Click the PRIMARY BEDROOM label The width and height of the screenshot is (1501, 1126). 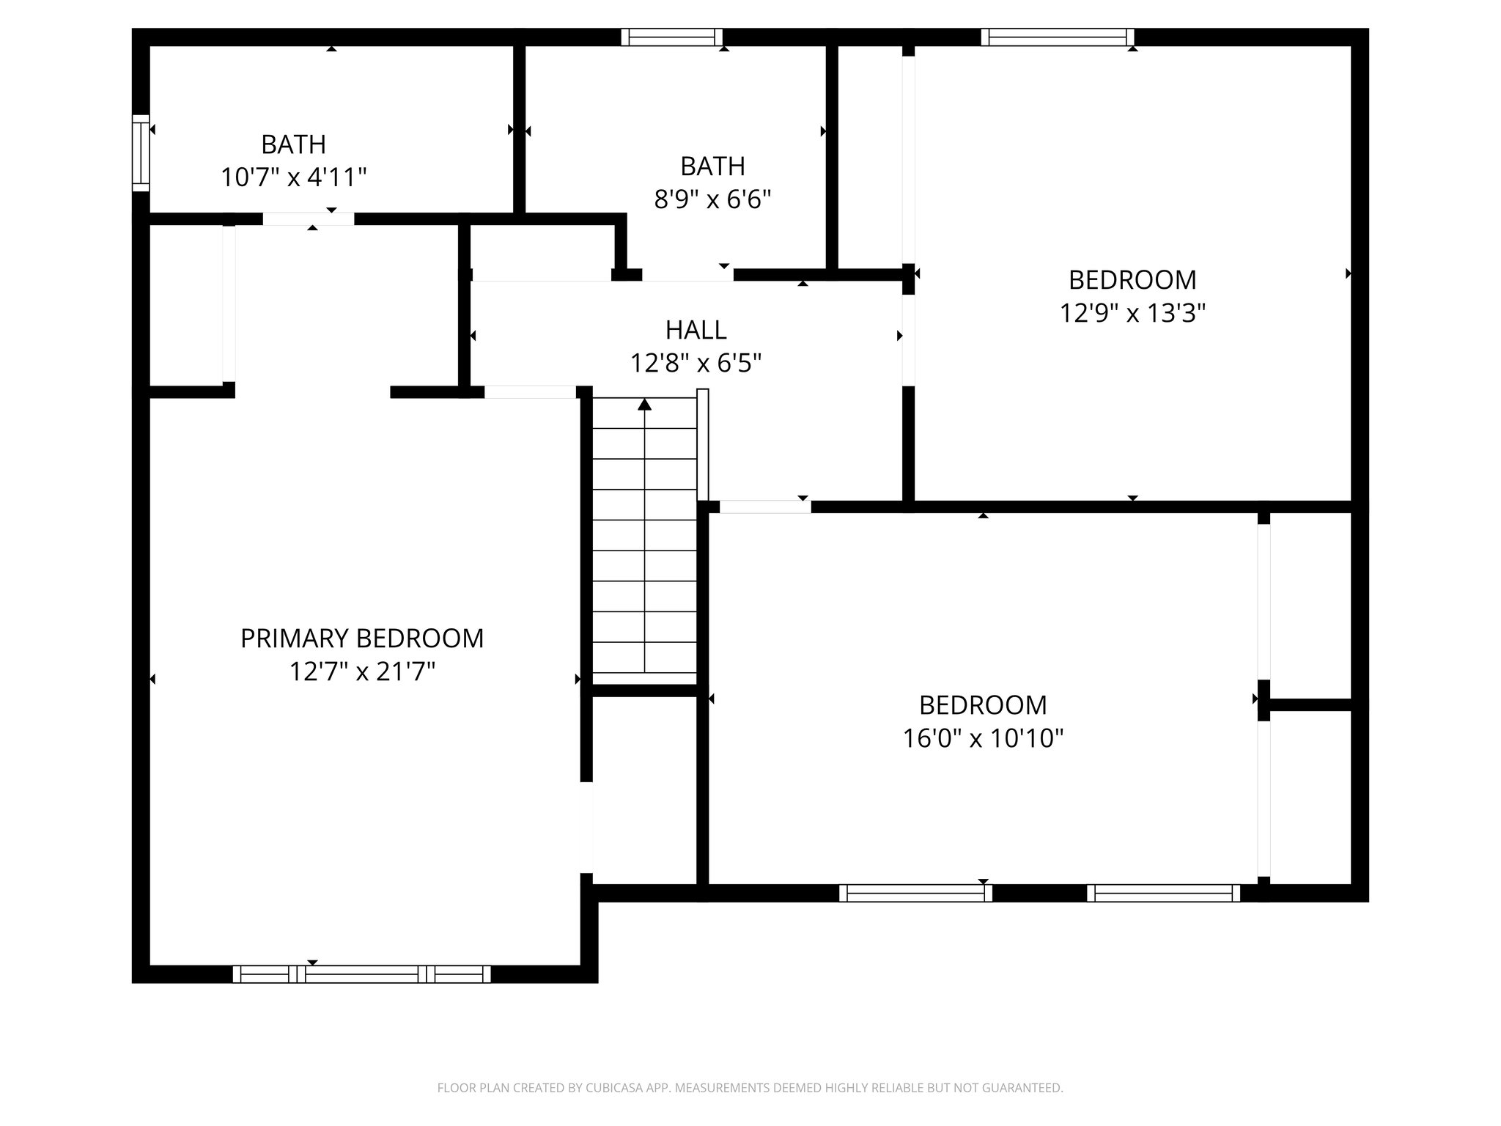pos(362,639)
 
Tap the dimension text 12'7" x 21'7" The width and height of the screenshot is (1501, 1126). pos(362,671)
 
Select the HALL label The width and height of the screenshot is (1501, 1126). pos(696,330)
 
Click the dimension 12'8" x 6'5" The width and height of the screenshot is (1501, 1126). pos(696,363)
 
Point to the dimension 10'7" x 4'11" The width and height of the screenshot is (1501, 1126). pos(293,177)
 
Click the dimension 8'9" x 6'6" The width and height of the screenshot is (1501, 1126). pos(712,199)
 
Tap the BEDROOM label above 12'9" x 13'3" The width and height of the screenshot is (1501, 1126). pos(1132,280)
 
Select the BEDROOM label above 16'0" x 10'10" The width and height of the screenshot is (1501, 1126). pos(983,705)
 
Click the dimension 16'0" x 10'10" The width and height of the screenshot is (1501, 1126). pos(983,738)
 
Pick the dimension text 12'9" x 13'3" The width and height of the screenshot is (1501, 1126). pos(1132,314)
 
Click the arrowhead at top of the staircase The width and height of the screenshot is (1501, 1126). pos(644,404)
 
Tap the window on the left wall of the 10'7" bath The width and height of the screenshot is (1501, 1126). pos(140,153)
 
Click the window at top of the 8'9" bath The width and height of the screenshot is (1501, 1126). pos(671,37)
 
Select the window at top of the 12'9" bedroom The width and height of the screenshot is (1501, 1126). pos(1057,37)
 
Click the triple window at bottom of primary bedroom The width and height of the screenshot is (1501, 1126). pos(362,974)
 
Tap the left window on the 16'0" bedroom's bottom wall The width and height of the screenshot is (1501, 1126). pos(915,893)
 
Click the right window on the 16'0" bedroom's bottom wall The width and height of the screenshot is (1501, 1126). pos(1163,893)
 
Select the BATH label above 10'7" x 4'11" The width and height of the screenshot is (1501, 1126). pos(293,144)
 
